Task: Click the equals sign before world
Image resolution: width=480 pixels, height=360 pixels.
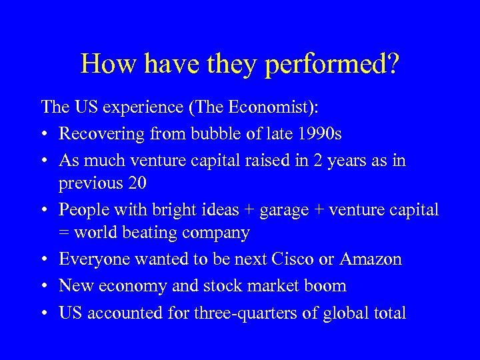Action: coord(65,233)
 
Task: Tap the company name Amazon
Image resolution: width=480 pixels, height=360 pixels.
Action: coord(372,259)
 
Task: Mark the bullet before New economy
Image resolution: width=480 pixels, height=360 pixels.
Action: coord(45,285)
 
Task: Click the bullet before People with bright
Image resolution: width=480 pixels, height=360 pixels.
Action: coord(45,209)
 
